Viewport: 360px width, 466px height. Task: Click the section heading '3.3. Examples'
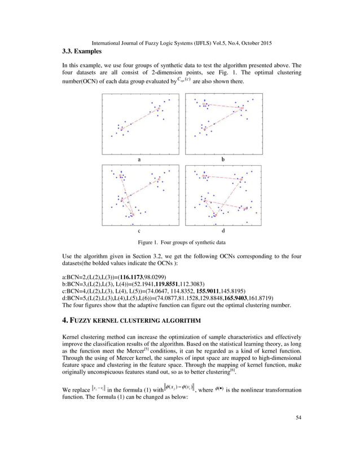(x=82, y=52)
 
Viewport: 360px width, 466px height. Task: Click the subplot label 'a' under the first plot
(x=138, y=160)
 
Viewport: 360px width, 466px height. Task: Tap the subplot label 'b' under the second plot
(x=222, y=160)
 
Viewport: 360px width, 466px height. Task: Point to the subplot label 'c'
(x=138, y=231)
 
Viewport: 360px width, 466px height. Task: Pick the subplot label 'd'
(x=222, y=231)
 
